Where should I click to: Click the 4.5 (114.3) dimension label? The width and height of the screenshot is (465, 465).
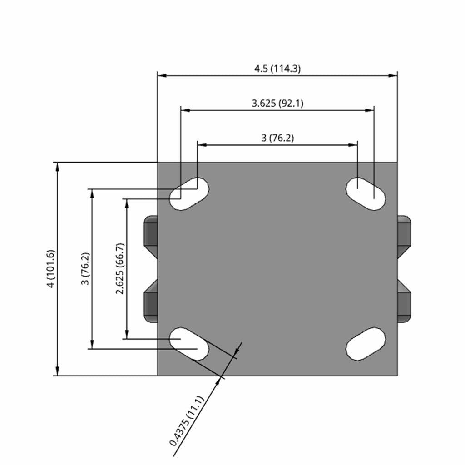pos(277,69)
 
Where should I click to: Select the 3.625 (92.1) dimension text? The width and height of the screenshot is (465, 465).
pos(277,103)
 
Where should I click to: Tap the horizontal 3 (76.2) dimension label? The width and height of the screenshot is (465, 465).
pos(277,138)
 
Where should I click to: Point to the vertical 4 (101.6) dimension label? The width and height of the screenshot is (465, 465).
pos(51,269)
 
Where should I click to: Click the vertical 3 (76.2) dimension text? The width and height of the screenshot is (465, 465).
pos(85,269)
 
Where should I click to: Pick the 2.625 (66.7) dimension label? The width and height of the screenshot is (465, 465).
pos(120,269)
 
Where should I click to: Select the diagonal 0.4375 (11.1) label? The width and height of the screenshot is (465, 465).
pos(187,421)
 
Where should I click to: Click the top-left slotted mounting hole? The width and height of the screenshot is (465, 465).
pos(189,194)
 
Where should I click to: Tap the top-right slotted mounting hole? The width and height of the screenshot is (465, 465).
pos(366,194)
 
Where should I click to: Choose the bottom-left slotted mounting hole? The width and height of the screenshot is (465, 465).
pos(189,344)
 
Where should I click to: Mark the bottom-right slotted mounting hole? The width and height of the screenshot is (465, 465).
pos(366,344)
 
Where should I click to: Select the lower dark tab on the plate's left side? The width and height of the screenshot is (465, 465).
pos(151,302)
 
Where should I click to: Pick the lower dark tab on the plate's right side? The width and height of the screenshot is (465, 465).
pos(404,302)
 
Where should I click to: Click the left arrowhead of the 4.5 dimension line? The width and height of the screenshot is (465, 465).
pos(162,76)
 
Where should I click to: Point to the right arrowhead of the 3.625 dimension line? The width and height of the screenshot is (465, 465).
pos(370,110)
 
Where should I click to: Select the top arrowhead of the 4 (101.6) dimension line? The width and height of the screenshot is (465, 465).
pos(58,167)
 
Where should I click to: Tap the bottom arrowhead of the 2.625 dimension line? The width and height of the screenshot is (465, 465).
pos(127,334)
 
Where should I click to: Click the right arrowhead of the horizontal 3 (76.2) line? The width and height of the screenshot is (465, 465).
pos(353,145)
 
